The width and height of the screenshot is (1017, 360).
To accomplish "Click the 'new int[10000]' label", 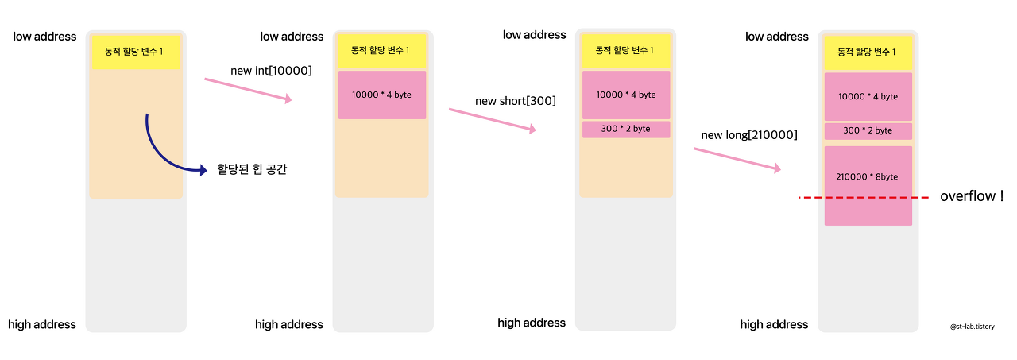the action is click(x=271, y=71).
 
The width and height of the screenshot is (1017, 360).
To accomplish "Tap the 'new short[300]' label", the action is click(x=515, y=101).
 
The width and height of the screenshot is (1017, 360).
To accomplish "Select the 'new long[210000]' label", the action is click(x=749, y=135).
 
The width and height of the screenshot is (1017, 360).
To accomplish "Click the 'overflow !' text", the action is click(x=972, y=196).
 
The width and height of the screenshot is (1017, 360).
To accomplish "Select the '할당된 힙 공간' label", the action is click(x=252, y=169).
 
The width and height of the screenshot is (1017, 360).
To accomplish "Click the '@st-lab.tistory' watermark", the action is click(x=972, y=327).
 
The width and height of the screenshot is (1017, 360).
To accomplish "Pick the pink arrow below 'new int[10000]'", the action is click(x=249, y=90).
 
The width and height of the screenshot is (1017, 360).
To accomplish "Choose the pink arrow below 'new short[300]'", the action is click(x=493, y=120).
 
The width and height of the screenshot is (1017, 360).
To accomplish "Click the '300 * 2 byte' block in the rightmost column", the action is click(x=868, y=130).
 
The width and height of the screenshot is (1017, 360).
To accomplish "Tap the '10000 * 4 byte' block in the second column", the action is click(x=381, y=95).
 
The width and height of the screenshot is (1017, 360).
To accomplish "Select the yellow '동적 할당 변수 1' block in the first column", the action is click(x=135, y=52).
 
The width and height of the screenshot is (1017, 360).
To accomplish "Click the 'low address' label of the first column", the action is click(x=44, y=37).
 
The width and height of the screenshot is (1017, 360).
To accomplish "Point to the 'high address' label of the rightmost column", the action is click(x=774, y=324).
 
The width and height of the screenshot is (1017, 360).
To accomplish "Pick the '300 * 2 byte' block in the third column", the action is click(x=625, y=129).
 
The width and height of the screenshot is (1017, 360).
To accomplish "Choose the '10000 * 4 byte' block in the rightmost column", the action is click(x=868, y=96).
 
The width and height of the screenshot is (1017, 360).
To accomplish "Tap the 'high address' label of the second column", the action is click(x=289, y=324).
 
